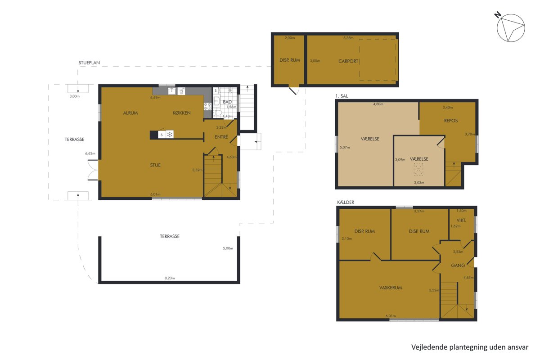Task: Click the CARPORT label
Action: point(348,61)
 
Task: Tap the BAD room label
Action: point(227,102)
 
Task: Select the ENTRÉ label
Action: point(221,137)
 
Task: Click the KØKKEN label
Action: point(181,113)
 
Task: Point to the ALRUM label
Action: point(130,113)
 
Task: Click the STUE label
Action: point(155,165)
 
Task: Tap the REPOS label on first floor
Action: point(451,121)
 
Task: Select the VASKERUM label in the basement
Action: point(391,288)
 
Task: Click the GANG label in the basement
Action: point(458,265)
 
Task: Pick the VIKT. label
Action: point(461,220)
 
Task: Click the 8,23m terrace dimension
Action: point(170,278)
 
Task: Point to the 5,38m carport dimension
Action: point(348,38)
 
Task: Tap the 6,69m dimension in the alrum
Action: point(155,98)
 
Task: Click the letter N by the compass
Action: point(498,15)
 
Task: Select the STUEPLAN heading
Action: point(89,63)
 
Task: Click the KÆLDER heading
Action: point(346,202)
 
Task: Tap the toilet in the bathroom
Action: point(217,112)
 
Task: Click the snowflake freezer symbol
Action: point(170,134)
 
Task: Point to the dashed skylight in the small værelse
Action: point(418,169)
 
